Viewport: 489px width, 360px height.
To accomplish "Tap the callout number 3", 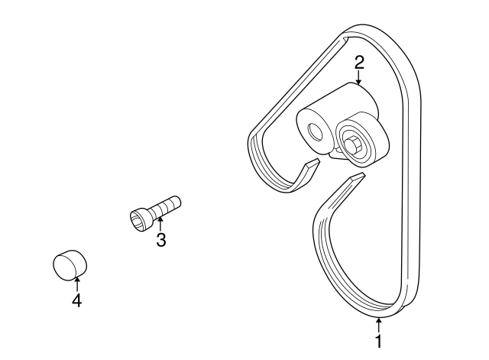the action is click(160, 241).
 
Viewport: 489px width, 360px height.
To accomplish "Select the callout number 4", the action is click(76, 300).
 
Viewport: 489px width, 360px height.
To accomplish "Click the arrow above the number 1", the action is click(377, 323).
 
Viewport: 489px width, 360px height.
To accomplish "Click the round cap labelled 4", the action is click(69, 264).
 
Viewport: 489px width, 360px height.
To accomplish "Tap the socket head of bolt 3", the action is click(139, 219).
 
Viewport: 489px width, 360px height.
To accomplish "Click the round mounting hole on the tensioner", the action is click(314, 131).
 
